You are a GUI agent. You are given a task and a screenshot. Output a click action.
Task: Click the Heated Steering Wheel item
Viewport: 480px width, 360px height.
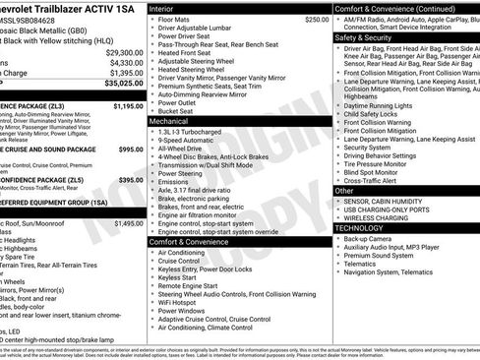point(195,70)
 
